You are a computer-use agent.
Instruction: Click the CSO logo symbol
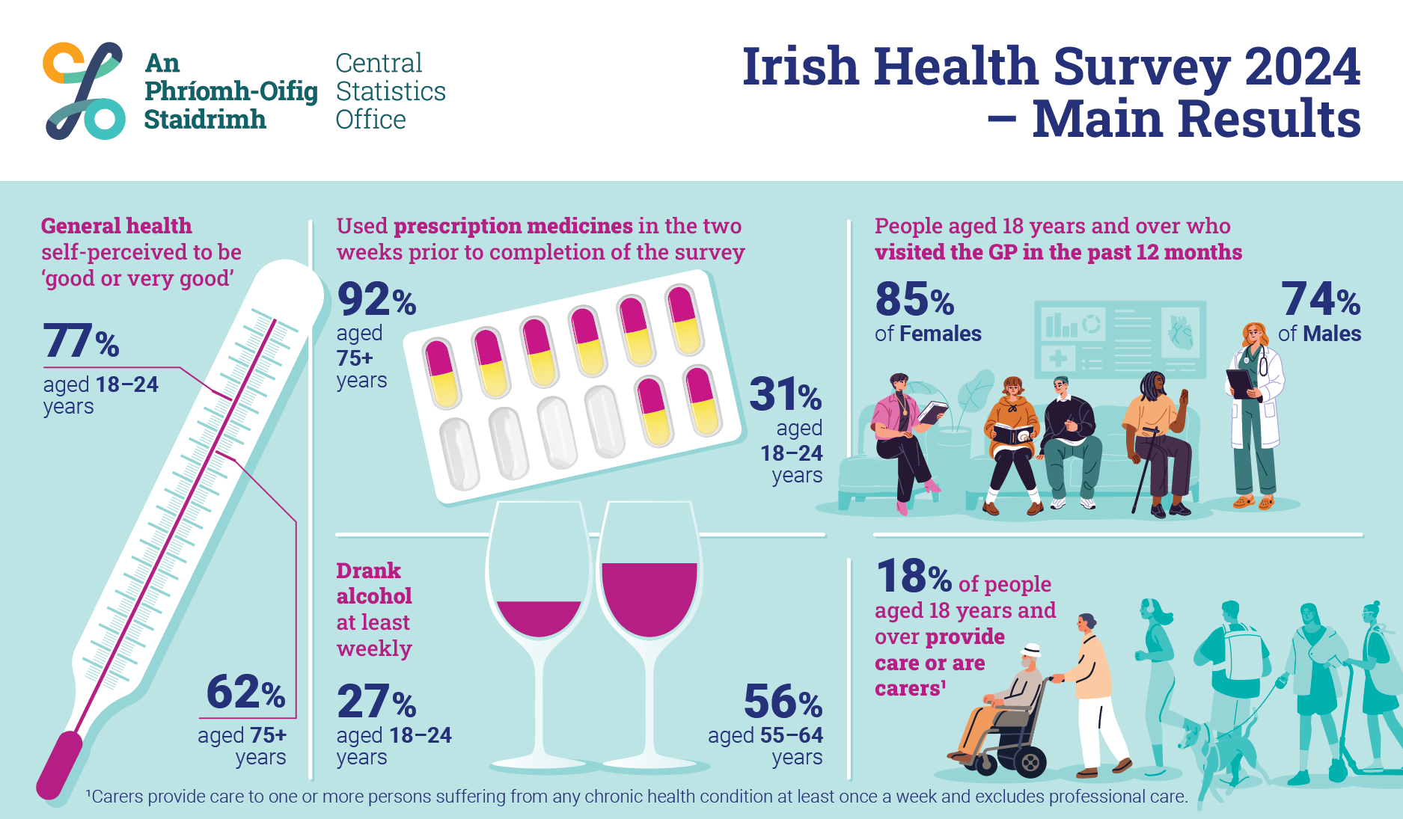(84, 91)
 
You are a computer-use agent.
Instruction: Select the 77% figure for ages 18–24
(81, 341)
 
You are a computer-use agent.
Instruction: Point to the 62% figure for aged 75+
(245, 692)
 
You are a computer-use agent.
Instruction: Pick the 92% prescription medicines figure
(376, 299)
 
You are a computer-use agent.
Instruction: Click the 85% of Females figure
(914, 299)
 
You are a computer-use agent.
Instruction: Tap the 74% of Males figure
(1321, 299)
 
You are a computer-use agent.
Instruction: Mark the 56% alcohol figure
(783, 702)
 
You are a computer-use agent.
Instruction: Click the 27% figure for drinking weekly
(376, 702)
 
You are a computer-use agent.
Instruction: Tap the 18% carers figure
(914, 577)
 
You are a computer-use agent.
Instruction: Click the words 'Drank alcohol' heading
(373, 583)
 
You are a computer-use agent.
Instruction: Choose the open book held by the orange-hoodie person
(1011, 434)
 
